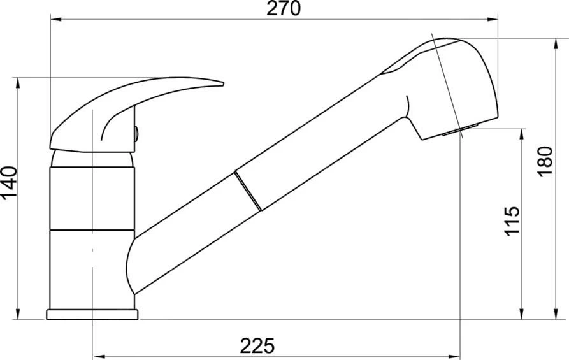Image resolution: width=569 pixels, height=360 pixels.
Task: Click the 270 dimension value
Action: (284, 8)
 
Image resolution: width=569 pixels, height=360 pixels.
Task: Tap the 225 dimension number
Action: (257, 346)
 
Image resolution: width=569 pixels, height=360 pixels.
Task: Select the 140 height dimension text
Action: (9, 184)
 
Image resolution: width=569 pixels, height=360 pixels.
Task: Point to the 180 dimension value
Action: (545, 161)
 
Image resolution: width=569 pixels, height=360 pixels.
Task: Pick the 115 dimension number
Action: (512, 221)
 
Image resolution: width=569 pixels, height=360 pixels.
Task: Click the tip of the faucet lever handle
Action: (222, 84)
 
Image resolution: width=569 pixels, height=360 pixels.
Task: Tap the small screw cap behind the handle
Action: (136, 134)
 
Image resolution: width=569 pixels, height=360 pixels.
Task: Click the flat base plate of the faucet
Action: (92, 315)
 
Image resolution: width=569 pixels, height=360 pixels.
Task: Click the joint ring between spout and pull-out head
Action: (248, 191)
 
